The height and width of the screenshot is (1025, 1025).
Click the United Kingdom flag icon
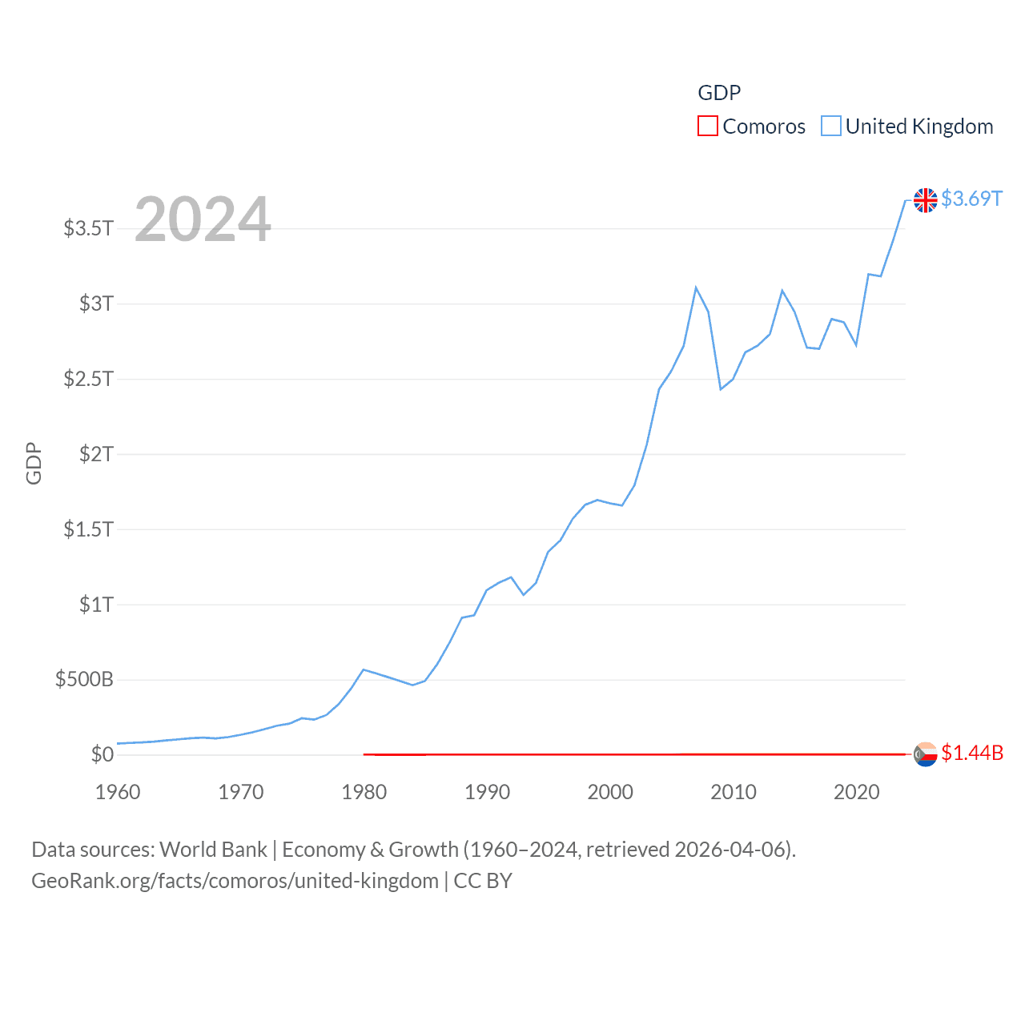[x=925, y=200]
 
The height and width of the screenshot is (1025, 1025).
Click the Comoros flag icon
[x=925, y=754]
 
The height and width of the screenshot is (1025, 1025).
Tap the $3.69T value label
[x=971, y=199]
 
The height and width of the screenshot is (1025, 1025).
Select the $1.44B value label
[x=971, y=753]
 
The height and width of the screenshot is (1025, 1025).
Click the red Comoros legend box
[x=708, y=127]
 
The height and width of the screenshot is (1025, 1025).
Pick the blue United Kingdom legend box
[x=831, y=127]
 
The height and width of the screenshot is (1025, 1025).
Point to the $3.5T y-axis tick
[x=88, y=228]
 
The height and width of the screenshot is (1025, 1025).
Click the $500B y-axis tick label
[x=84, y=680]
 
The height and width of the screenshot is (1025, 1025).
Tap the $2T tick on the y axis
[x=96, y=454]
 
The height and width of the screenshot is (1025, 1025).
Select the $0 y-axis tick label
[x=102, y=754]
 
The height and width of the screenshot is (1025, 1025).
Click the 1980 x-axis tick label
[x=364, y=792]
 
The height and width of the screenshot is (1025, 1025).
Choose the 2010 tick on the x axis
[x=733, y=792]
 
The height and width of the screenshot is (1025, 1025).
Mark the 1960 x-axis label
[x=118, y=792]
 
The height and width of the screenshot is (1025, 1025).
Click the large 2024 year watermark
[x=203, y=219]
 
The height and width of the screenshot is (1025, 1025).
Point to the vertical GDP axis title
[x=34, y=463]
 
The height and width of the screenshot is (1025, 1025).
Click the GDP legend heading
[x=719, y=93]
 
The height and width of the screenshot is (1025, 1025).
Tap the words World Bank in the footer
[x=214, y=850]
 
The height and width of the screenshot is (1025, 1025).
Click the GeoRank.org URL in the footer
[x=235, y=881]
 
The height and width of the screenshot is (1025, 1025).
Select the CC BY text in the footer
[x=483, y=881]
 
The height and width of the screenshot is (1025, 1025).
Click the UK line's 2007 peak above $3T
[x=696, y=287]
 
